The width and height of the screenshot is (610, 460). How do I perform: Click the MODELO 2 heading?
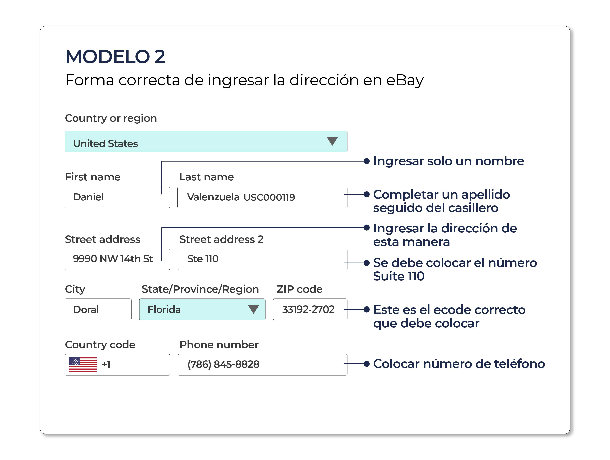tap(115, 57)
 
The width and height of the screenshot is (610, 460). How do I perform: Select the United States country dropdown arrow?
tap(332, 141)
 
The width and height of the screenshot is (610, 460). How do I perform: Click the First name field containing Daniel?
tap(117, 197)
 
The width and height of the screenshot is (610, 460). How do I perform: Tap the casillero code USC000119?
tap(269, 197)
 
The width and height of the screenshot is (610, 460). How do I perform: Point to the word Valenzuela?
tap(213, 197)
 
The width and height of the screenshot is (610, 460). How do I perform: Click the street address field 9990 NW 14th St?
tap(117, 259)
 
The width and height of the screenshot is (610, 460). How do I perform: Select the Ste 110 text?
tap(203, 259)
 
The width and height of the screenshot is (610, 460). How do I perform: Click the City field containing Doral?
tap(98, 309)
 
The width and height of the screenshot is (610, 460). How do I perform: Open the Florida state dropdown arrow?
tap(253, 309)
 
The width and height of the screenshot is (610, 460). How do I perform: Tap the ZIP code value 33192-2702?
tap(308, 309)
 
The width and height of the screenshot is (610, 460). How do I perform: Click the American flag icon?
tap(83, 365)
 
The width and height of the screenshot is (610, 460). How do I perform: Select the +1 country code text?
tap(106, 364)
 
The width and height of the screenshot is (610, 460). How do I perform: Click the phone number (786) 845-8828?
tap(223, 364)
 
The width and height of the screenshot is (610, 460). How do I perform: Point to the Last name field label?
tap(207, 177)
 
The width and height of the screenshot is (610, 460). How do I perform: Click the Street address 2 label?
tap(221, 240)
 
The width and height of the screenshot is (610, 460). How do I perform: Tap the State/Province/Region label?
tap(200, 289)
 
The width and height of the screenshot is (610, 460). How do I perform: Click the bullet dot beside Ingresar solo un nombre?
tap(367, 161)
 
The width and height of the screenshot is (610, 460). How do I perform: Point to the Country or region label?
tap(111, 118)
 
